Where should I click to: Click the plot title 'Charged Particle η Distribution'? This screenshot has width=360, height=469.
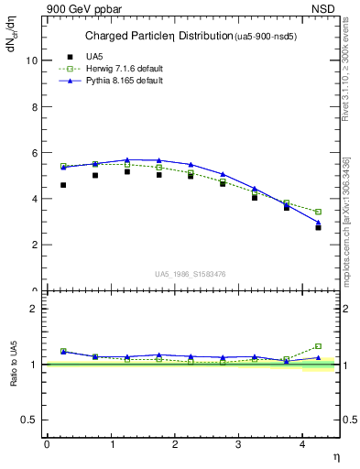158,37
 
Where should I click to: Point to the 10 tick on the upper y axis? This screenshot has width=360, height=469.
32,60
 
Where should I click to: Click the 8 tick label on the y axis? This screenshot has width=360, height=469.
35,106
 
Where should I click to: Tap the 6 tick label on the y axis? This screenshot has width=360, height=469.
35,153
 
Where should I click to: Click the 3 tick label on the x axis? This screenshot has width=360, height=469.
238,444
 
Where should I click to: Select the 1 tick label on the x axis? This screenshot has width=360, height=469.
111,444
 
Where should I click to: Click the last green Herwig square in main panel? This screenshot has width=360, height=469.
318,212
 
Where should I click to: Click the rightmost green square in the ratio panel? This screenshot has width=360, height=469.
318,346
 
